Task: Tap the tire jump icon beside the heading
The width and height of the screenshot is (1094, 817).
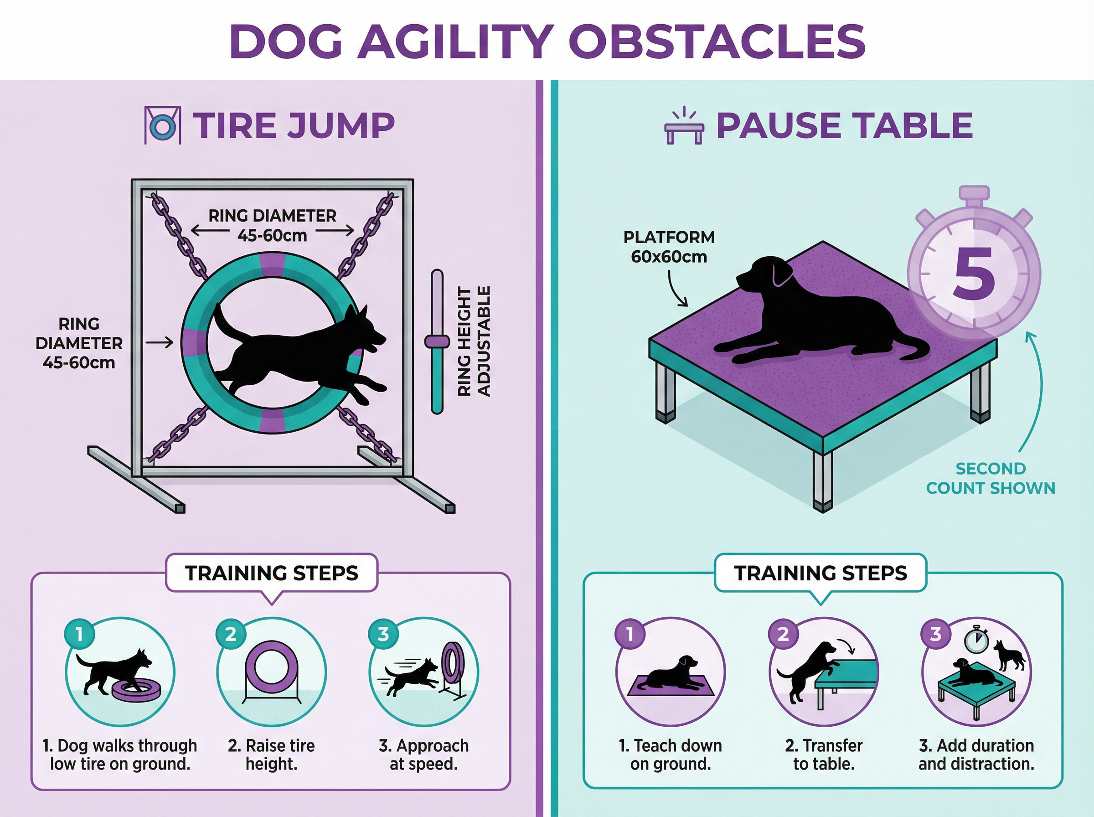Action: coord(162,126)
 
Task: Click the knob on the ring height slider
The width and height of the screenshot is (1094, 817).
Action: coord(437,341)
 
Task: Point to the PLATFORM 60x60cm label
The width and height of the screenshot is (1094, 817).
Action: coord(669,247)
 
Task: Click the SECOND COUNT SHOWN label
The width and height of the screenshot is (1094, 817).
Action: coord(991,478)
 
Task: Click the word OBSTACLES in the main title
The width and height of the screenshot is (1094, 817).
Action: coord(720,41)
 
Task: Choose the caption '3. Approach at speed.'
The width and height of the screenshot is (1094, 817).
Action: coord(423,754)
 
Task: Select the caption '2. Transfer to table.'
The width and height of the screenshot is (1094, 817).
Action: coord(824,754)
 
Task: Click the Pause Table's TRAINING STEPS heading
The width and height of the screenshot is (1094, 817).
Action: coord(820,573)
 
